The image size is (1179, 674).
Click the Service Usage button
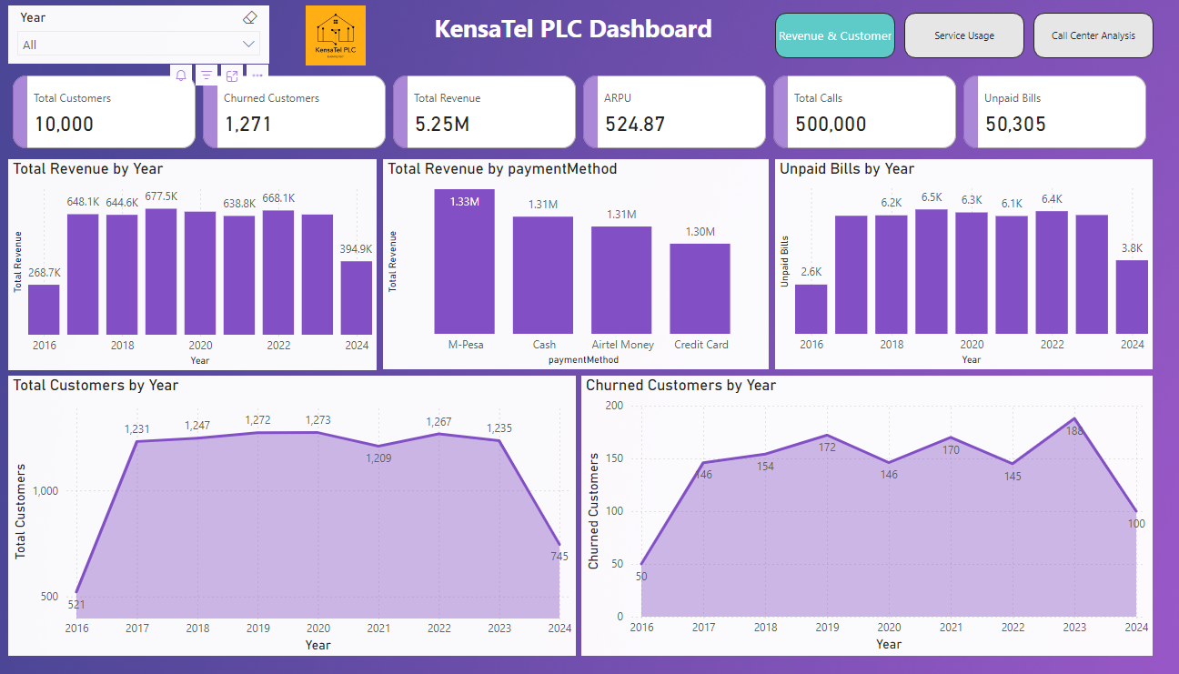tap(963, 35)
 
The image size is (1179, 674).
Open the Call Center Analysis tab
tap(1093, 35)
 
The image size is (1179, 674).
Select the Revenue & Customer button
tap(834, 35)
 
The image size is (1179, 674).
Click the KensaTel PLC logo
tap(336, 35)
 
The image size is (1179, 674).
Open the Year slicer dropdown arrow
tap(248, 45)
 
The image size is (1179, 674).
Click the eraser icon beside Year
tap(251, 17)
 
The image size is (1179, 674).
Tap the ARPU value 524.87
tap(635, 125)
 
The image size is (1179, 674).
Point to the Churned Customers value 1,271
tap(247, 125)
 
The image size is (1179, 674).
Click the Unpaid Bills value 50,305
tap(1015, 125)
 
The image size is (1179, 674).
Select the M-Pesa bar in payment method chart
tap(464, 264)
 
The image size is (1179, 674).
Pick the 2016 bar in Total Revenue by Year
tap(44, 310)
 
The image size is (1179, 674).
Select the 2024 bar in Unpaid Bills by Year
tap(1132, 297)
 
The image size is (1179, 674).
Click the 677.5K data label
tap(161, 196)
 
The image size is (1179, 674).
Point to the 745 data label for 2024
tap(559, 557)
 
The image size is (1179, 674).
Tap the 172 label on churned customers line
tap(826, 448)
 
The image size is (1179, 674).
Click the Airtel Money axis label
tap(621, 345)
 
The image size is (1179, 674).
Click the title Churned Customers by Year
tap(680, 386)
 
